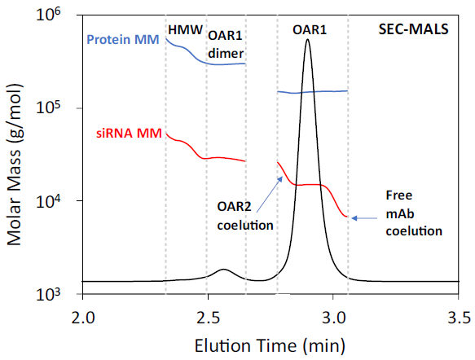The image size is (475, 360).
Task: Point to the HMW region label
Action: coord(183,29)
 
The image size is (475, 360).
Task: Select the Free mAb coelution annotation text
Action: coord(413,213)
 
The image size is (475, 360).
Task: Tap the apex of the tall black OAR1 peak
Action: coord(307,40)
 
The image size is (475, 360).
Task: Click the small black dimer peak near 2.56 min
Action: coord(222,270)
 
